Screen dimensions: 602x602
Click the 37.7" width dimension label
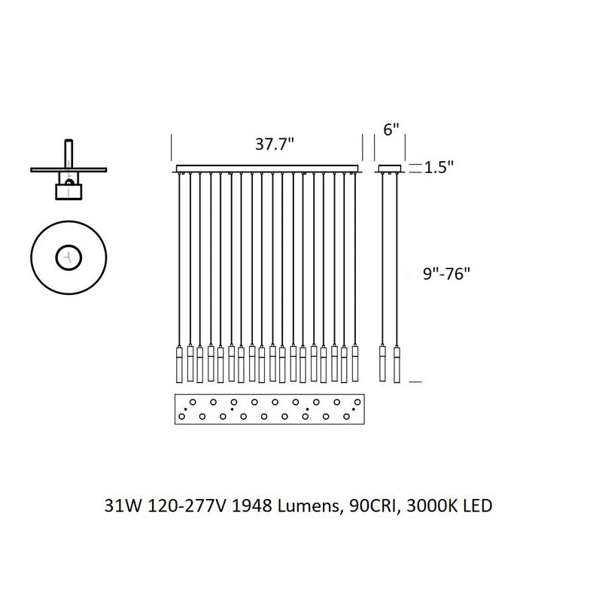click(273, 145)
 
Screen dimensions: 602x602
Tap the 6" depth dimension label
click(391, 129)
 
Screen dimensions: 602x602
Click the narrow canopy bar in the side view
click(390, 168)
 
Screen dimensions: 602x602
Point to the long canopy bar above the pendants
click(269, 168)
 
